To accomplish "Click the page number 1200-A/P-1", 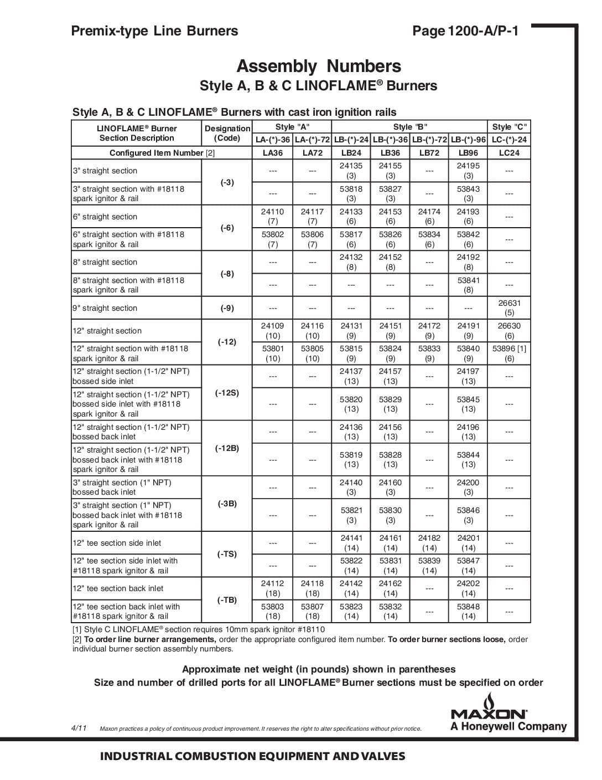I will coord(465,31).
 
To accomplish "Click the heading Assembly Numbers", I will coord(319,66).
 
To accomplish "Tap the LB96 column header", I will coord(468,153).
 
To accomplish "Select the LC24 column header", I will coord(509,153).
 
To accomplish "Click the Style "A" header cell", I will coord(292,127).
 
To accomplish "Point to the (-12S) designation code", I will coord(227,393).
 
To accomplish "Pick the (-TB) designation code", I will coord(227,600).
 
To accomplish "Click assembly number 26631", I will coord(509,303).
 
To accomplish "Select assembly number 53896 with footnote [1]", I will coord(509,348).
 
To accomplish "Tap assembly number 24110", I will coord(272,212).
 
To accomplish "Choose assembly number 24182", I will coord(429,538).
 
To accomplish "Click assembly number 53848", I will coord(468,607).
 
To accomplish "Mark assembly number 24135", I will coord(351,166).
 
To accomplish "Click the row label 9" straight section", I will coord(105,308).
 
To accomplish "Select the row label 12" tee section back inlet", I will coord(118,588).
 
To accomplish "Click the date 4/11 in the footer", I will coord(79,727).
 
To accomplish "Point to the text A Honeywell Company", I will coord(508,727).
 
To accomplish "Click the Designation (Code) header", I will coord(227,133).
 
